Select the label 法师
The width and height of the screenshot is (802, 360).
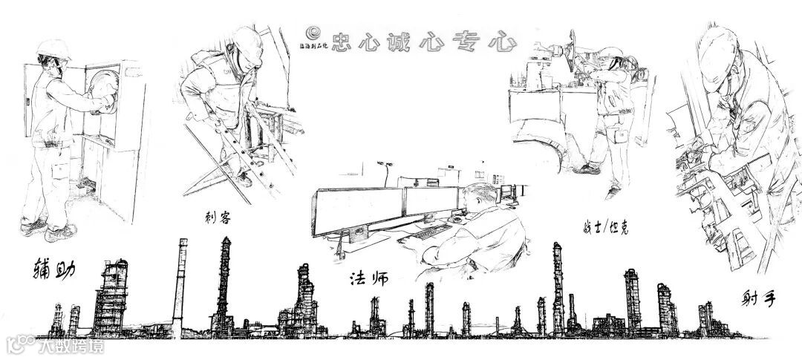point(369,279)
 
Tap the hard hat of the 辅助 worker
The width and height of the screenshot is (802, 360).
point(54,50)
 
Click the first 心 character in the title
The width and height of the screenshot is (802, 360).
point(382,42)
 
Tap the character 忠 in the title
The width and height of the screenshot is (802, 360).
point(345,42)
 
